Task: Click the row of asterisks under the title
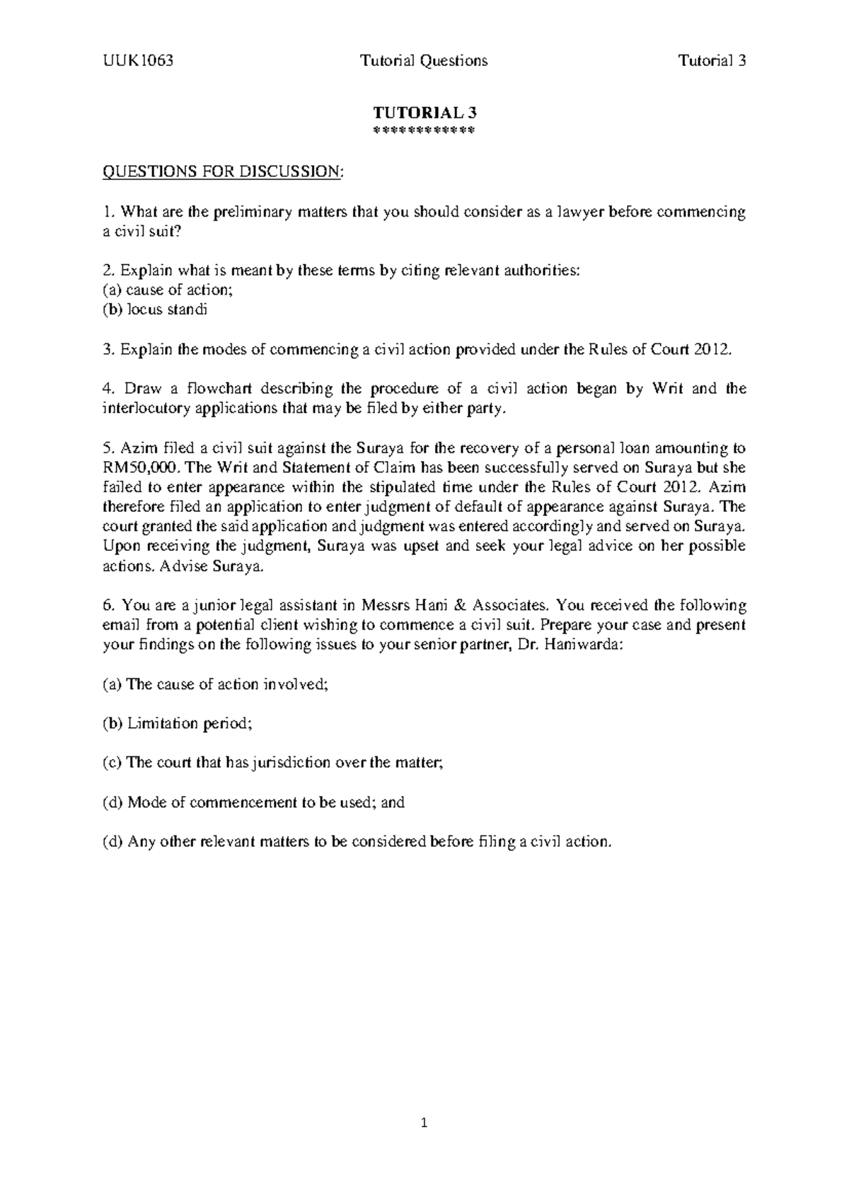[424, 130]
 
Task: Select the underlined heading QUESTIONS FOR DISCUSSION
[222, 172]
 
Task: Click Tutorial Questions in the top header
[424, 61]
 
